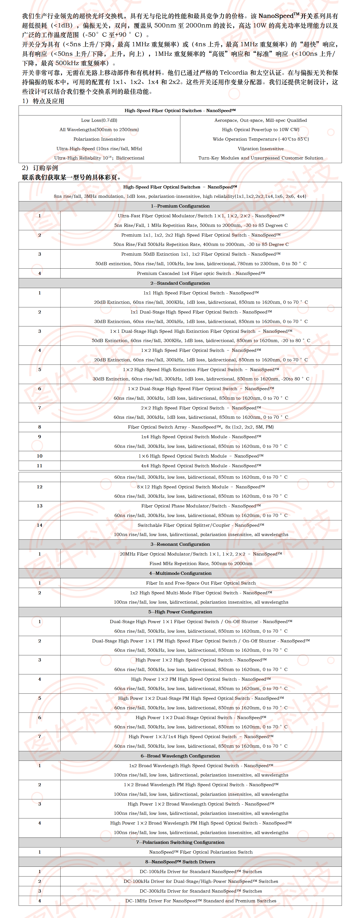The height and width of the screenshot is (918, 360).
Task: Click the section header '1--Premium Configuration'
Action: click(180, 206)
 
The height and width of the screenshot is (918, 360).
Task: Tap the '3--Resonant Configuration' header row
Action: click(180, 544)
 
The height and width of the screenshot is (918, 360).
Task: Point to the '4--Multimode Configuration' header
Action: click(180, 573)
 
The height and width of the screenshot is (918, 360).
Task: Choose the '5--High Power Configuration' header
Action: click(180, 612)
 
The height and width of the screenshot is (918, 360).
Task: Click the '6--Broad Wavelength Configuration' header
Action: click(180, 756)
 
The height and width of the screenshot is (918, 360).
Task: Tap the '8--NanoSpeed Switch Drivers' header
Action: click(180, 862)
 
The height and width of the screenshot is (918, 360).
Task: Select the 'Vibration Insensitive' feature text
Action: click(261, 149)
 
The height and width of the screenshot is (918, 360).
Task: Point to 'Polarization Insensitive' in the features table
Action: click(99, 139)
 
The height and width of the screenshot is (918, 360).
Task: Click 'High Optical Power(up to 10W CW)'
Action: click(261, 130)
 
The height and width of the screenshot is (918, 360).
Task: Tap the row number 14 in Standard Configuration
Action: click(39, 525)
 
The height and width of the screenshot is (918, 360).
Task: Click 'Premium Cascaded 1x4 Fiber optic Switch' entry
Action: click(201, 273)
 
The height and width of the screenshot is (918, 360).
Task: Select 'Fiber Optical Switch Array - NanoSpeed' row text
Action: click(201, 427)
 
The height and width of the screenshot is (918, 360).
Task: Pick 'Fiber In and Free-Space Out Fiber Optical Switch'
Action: click(201, 583)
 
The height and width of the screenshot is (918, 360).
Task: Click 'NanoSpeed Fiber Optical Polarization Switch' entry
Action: click(201, 852)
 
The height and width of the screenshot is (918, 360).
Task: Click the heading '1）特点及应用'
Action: click(43, 101)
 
